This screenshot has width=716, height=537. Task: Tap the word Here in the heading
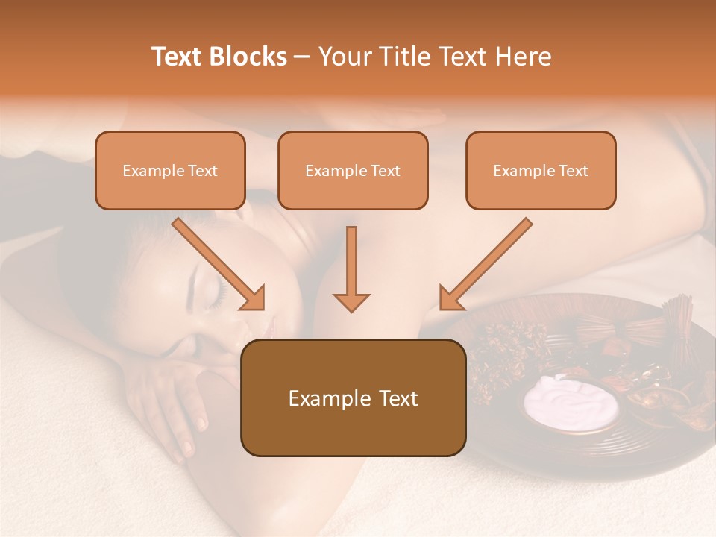point(524,57)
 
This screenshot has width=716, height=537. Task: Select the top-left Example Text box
point(170,170)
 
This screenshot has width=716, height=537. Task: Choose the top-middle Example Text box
point(353,170)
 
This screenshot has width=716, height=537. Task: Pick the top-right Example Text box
point(541,170)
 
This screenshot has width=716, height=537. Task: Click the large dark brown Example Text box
point(353,398)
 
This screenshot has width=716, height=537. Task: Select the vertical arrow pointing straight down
point(351,268)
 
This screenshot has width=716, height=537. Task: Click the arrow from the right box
point(486,263)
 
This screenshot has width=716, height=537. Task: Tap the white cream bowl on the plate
point(571,403)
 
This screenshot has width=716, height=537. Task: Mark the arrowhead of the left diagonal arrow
point(254,298)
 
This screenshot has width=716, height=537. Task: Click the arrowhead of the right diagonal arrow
point(450,298)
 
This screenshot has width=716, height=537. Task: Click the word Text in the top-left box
point(203,171)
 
